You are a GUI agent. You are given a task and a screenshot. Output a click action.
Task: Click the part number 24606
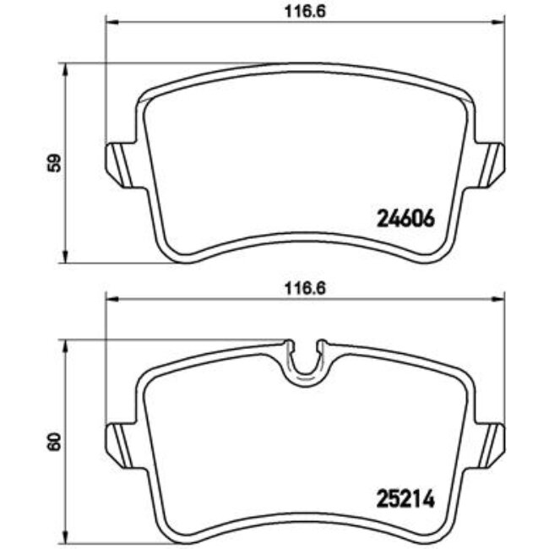click(403, 219)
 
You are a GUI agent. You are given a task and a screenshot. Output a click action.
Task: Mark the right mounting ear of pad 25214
click(492, 438)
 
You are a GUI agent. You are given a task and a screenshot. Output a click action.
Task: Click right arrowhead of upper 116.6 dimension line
click(501, 21)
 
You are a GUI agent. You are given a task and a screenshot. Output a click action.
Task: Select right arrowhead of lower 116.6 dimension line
click(501, 300)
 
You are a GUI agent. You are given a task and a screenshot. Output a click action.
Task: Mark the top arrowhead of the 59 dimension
click(66, 68)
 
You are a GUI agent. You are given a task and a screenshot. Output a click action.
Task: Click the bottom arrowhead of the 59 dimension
click(66, 258)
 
